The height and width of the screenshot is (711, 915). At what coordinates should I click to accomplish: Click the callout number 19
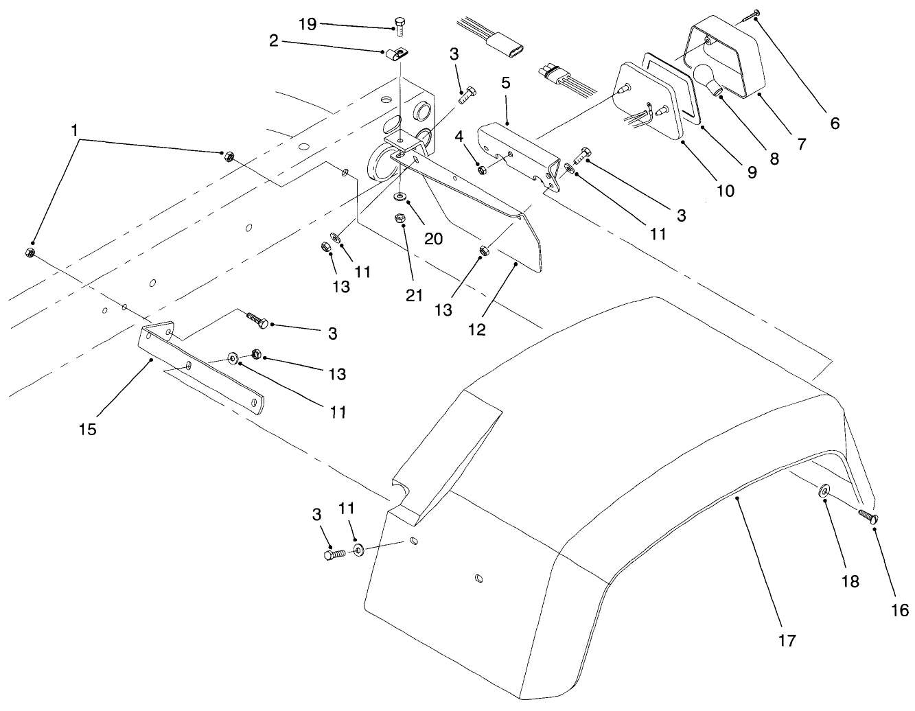pos(308,24)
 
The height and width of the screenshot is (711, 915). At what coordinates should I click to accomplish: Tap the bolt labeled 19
pos(400,26)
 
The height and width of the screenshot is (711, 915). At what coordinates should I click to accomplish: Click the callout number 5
pos(506,84)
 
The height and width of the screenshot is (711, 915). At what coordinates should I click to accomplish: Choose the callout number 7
pos(800,144)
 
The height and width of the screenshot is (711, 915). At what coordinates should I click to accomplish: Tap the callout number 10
pos(725,190)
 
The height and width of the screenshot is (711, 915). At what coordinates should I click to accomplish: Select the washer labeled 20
pos(399,198)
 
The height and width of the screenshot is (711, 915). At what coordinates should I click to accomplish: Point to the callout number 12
pos(477,329)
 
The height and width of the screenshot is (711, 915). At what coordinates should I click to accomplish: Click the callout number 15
pos(87,430)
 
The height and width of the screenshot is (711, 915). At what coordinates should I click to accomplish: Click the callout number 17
pos(787,640)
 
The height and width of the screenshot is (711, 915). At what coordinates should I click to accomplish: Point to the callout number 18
pos(850,581)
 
